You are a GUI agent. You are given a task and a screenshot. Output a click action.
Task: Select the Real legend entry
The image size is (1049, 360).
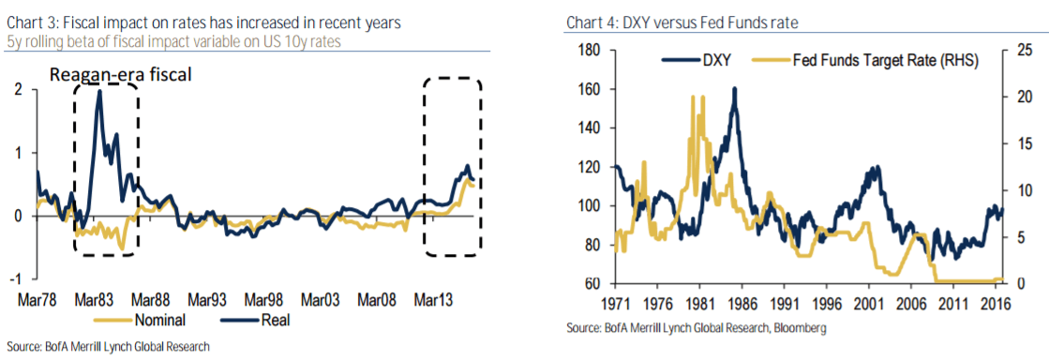[268, 320]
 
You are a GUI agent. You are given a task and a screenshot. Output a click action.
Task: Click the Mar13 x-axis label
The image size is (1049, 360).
[436, 300]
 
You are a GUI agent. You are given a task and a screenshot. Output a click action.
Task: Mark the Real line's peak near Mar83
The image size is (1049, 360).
[98, 91]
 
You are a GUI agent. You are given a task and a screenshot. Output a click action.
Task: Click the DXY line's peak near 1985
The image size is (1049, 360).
[734, 89]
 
